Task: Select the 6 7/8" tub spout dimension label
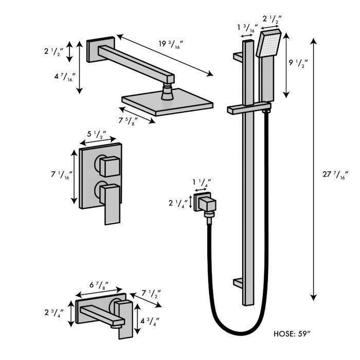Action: tap(99, 285)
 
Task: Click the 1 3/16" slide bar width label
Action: tap(247, 28)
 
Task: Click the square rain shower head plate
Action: tap(167, 103)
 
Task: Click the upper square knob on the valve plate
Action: tap(110, 167)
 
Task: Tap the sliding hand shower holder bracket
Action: tap(248, 109)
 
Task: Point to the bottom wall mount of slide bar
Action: tap(242, 282)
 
